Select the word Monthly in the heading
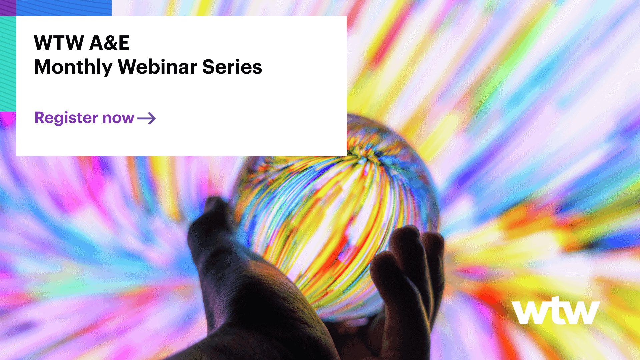(73, 67)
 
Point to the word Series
(232, 67)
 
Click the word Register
(66, 118)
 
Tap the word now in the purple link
(118, 118)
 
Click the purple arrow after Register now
(147, 118)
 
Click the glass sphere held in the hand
(333, 213)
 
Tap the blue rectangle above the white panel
(64, 8)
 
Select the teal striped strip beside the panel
(8, 63)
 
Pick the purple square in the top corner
(8, 8)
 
